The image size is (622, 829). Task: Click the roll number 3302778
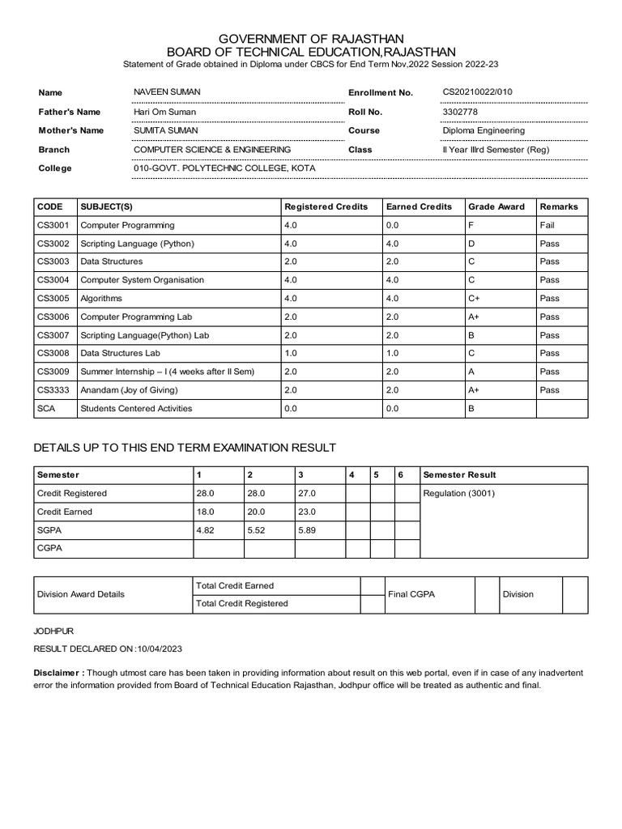pyautogui.click(x=459, y=112)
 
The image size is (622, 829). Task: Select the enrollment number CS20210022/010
pyautogui.click(x=477, y=92)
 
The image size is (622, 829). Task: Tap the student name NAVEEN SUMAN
pyautogui.click(x=167, y=92)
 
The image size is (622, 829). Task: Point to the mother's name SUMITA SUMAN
pyautogui.click(x=165, y=130)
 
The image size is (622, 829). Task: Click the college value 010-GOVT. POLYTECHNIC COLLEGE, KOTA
pyautogui.click(x=224, y=168)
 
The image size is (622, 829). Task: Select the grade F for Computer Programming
pyautogui.click(x=471, y=225)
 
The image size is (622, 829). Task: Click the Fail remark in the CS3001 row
pyautogui.click(x=547, y=225)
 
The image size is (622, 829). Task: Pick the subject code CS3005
pyautogui.click(x=53, y=299)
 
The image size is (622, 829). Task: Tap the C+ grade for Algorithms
pyautogui.click(x=475, y=299)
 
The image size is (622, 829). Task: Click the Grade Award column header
pyautogui.click(x=496, y=206)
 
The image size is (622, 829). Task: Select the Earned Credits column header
pyautogui.click(x=419, y=206)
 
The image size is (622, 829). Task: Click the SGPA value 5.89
pyautogui.click(x=308, y=530)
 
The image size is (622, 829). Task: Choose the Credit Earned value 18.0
pyautogui.click(x=206, y=512)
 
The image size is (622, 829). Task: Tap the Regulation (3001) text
pyautogui.click(x=459, y=493)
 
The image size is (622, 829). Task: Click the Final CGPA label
pyautogui.click(x=411, y=594)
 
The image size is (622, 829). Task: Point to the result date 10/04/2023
pyautogui.click(x=161, y=649)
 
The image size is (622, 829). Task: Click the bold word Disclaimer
pyautogui.click(x=58, y=673)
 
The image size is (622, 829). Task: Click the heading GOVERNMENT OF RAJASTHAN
pyautogui.click(x=311, y=39)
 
